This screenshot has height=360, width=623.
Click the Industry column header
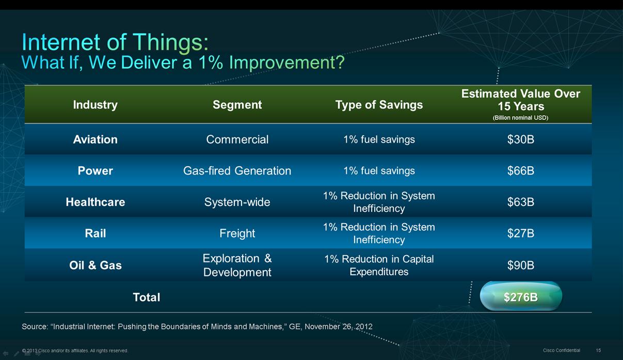[95, 105]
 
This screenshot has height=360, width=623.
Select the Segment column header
[237, 105]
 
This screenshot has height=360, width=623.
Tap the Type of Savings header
[379, 105]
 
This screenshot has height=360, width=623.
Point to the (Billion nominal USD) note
[520, 118]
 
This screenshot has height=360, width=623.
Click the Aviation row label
[95, 139]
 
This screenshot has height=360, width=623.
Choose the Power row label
[95, 170]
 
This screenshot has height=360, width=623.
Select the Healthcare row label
[95, 202]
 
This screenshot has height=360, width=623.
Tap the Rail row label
[95, 233]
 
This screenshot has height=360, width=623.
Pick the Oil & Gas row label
[95, 265]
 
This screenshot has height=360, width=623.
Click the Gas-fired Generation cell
[237, 170]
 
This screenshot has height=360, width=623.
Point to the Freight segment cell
[237, 233]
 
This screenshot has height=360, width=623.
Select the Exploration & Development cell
[237, 265]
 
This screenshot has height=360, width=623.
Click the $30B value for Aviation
[521, 139]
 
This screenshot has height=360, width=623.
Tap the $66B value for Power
[521, 170]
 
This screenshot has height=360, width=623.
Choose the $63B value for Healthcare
[521, 202]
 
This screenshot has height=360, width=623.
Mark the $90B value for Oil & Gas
[521, 265]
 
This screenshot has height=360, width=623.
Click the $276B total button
[521, 296]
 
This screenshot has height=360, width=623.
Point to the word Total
[146, 297]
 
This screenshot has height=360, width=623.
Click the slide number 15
[598, 350]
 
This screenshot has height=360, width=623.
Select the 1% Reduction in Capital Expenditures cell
[379, 265]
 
